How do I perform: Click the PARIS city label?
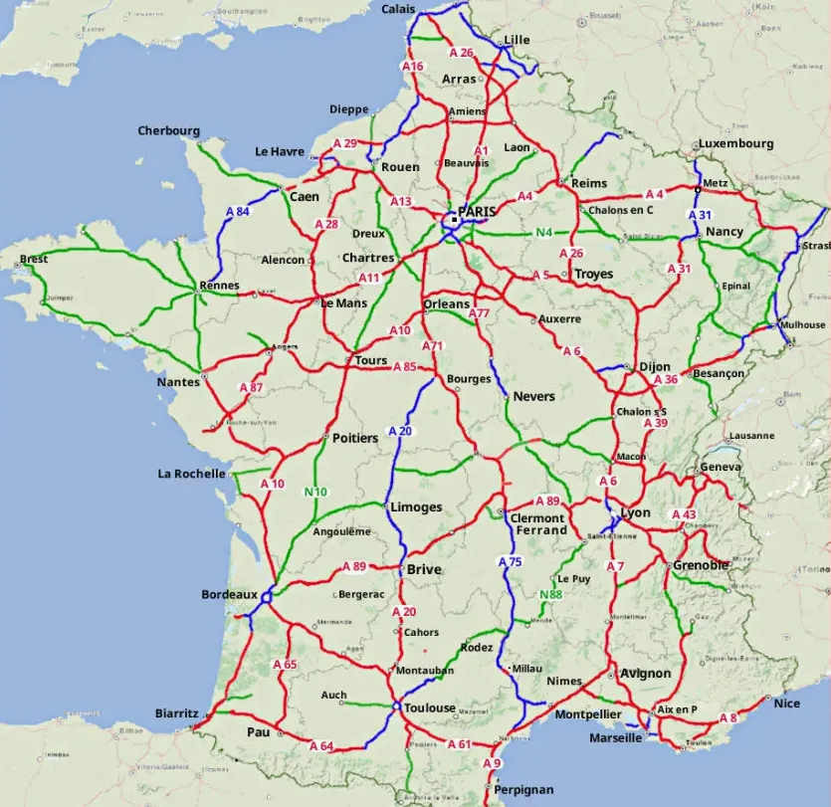(477, 212)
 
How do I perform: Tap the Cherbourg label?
(168, 130)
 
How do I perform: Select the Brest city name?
(33, 260)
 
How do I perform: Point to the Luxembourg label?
(735, 143)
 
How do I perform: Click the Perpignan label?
(523, 789)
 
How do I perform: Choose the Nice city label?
(786, 704)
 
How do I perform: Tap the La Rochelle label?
(191, 474)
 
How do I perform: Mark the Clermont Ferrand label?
(537, 524)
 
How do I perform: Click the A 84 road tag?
(237, 212)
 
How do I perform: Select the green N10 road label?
(315, 492)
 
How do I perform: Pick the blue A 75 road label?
(510, 562)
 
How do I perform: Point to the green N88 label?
(550, 595)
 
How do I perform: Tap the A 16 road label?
(412, 67)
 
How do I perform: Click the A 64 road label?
(320, 745)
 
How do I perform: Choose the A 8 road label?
(727, 718)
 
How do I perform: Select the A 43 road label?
(684, 514)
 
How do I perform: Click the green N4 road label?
(543, 234)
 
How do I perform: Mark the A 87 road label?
(251, 387)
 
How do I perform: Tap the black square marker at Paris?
(454, 218)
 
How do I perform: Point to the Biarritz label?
(177, 713)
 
